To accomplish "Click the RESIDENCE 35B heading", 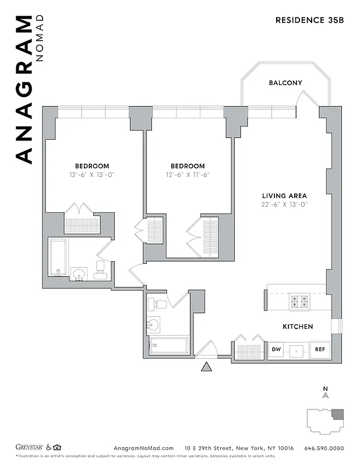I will [310, 20].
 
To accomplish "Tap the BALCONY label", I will [285, 83].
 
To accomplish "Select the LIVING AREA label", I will [284, 196].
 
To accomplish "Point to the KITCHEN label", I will [298, 327].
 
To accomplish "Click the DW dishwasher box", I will [276, 350].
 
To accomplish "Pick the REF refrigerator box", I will [320, 350].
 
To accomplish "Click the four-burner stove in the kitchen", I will [299, 301].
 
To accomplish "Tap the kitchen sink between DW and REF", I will [298, 351].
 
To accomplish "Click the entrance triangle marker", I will [206, 366].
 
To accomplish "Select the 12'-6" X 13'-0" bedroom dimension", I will [91, 175].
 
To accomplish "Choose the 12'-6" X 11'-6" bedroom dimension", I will [188, 175].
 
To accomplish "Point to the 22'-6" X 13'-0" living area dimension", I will [284, 204].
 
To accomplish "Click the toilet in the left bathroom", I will [100, 270].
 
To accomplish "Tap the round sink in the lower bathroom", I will [153, 324].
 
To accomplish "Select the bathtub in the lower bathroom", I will [169, 345].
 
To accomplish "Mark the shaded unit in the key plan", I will [337, 415].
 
